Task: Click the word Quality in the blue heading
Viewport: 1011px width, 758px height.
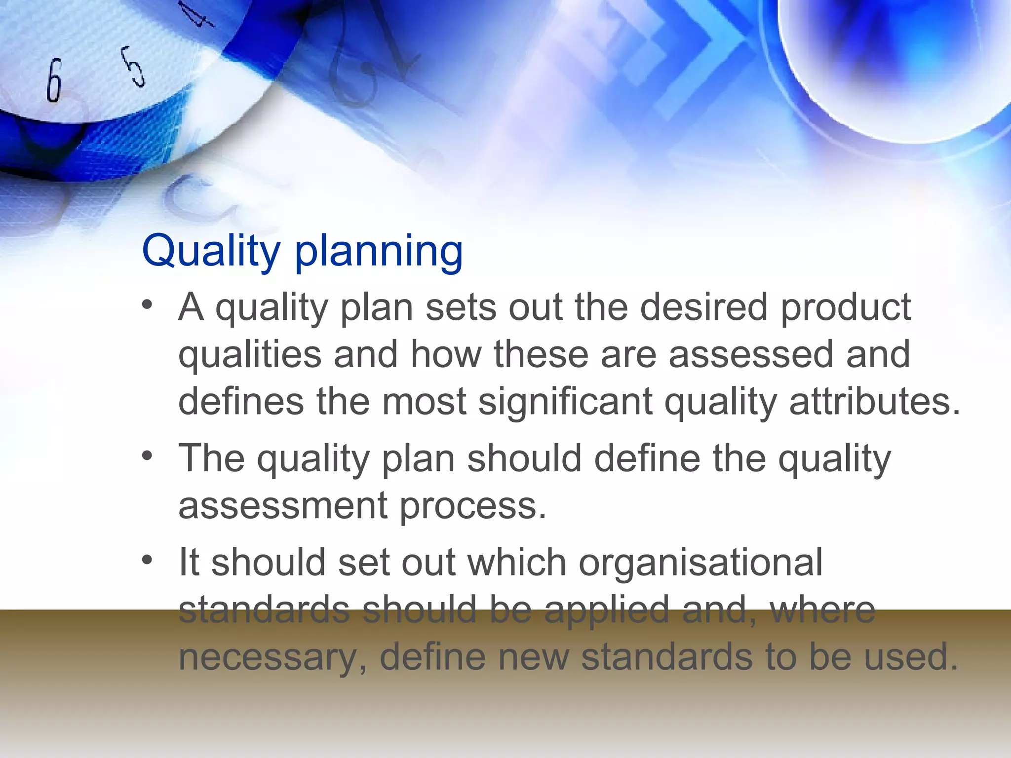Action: tap(211, 252)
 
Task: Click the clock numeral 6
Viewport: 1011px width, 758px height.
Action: tap(54, 80)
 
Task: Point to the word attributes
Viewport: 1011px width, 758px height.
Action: tap(874, 401)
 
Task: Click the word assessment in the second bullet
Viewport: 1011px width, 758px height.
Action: tap(283, 505)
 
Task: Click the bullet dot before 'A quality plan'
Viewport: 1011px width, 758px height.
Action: tap(147, 305)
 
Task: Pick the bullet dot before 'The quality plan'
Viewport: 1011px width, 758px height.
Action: tap(147, 456)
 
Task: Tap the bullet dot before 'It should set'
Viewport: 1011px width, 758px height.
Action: tap(147, 560)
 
